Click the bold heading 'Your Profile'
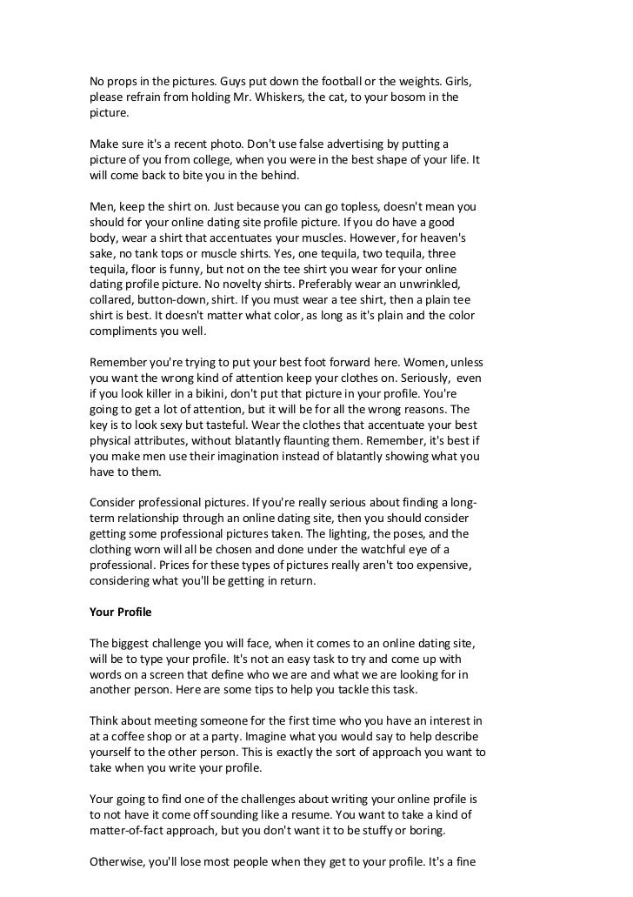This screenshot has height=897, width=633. (121, 613)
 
